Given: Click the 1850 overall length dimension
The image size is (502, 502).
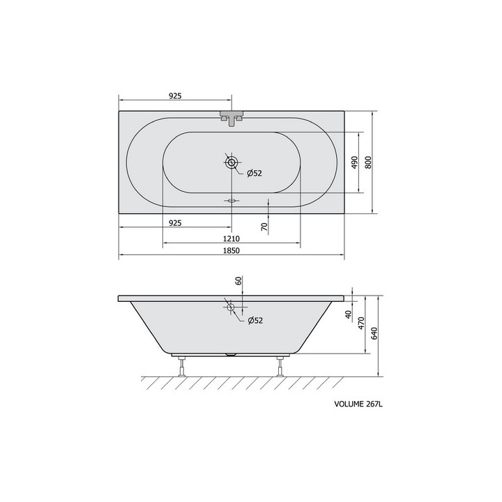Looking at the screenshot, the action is (x=231, y=250).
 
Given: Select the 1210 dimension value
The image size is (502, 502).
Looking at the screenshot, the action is (x=231, y=239).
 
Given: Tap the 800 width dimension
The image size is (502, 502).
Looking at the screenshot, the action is (x=368, y=162).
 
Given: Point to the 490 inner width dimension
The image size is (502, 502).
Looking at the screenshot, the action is (x=354, y=162).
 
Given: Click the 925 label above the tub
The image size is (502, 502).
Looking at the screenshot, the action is (x=175, y=96).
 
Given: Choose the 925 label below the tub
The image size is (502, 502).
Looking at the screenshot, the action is (x=175, y=223).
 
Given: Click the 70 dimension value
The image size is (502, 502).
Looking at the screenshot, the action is (x=264, y=227).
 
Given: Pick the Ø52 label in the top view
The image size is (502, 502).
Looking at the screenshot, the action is (x=254, y=173).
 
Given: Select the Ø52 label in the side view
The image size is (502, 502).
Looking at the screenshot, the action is (x=255, y=320).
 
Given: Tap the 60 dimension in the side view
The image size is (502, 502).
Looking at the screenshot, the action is (x=238, y=280).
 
